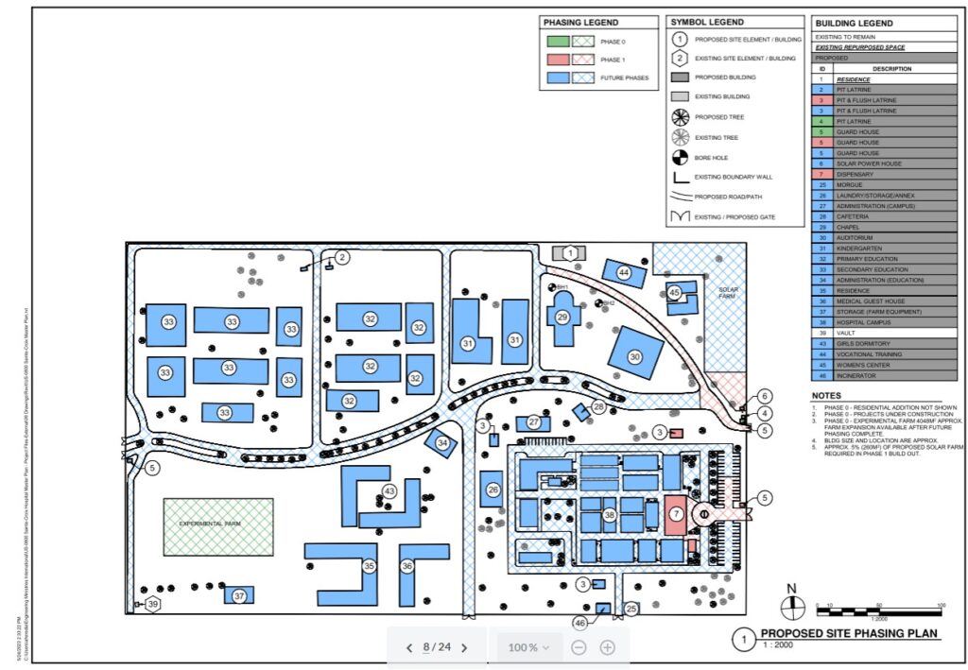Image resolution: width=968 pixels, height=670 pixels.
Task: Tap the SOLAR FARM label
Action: point(727,293)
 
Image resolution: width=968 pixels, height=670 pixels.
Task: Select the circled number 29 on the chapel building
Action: point(562,317)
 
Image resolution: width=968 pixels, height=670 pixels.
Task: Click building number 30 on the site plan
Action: point(634,356)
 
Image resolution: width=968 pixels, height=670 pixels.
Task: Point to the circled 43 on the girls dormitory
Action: point(389,490)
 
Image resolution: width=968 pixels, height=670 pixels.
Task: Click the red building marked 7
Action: point(676,513)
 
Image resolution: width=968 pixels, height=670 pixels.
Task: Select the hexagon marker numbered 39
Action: point(152,604)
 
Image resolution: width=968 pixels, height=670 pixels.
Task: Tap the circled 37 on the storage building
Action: point(239,595)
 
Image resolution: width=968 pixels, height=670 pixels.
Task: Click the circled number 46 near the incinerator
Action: point(580,622)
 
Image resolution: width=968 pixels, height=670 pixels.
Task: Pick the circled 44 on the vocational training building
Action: point(624,272)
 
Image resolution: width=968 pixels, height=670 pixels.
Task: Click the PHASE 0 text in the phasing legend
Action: point(613,43)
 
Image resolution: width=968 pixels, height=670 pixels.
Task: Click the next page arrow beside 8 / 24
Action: point(464,647)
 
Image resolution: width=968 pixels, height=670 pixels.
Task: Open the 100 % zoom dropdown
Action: point(529,647)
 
